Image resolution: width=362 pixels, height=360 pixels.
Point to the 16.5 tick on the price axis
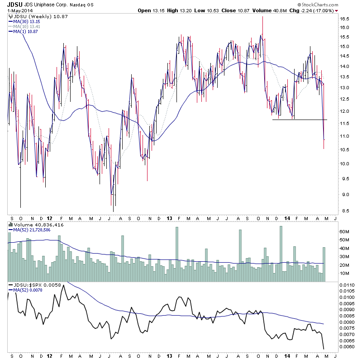pyautogui.click(x=344, y=19)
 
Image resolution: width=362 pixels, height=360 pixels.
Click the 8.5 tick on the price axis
pyautogui.click(x=344, y=211)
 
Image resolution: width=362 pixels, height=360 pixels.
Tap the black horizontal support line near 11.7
pyautogui.click(x=299, y=120)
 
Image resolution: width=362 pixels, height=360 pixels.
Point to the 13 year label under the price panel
pyautogui.click(x=169, y=217)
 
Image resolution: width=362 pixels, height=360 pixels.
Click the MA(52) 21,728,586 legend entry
pyautogui.click(x=32, y=230)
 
